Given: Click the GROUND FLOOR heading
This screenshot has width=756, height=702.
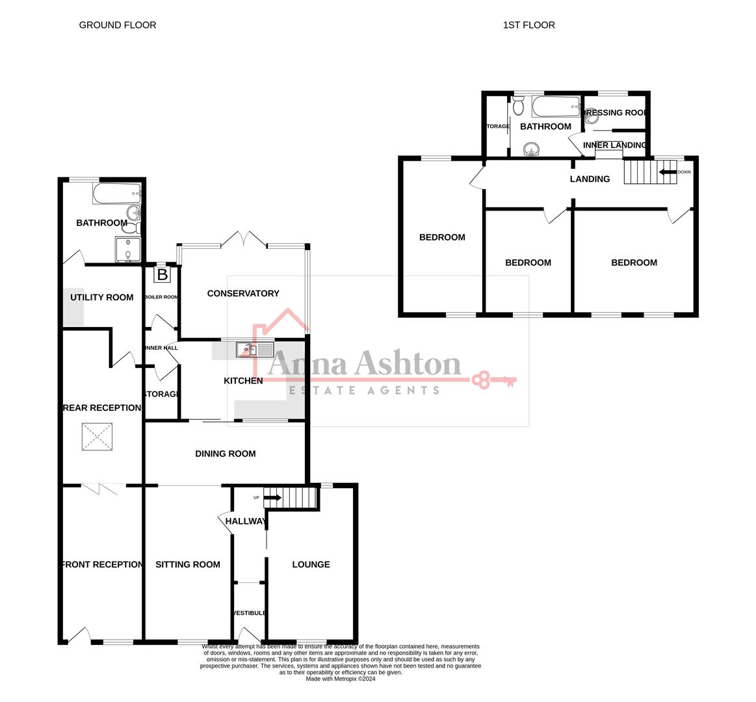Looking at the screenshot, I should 118,25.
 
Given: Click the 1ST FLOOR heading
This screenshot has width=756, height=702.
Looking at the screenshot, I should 528,25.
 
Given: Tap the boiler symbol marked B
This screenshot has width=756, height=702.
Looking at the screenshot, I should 162,274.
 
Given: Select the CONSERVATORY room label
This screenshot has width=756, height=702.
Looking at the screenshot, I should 243,294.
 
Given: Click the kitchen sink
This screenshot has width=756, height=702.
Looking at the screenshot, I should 248,350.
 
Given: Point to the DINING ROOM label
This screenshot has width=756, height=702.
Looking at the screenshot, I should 225,454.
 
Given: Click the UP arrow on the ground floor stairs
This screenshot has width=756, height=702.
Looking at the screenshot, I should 273,498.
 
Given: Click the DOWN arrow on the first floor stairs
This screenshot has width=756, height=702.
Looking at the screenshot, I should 668,172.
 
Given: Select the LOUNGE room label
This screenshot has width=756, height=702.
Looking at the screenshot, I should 311,564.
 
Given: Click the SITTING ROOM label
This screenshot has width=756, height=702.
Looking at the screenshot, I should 187,564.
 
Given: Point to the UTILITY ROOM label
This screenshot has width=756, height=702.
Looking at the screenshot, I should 101,298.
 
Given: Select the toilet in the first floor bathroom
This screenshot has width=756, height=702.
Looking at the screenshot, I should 518,106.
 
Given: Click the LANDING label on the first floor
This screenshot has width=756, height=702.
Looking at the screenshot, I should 590,179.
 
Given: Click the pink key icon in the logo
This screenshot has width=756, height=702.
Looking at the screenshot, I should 493,380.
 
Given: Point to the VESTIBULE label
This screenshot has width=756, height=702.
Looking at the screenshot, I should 249,613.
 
